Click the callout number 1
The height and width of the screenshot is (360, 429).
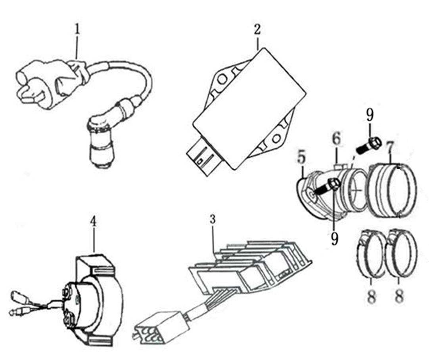[77, 29]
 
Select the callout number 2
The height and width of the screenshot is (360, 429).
[257, 29]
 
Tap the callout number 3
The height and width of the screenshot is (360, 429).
[213, 219]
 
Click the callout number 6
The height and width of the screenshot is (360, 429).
[337, 138]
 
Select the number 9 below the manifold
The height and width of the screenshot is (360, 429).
[334, 238]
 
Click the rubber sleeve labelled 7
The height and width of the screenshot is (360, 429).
[393, 190]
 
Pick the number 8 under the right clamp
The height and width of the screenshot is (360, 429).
[399, 296]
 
